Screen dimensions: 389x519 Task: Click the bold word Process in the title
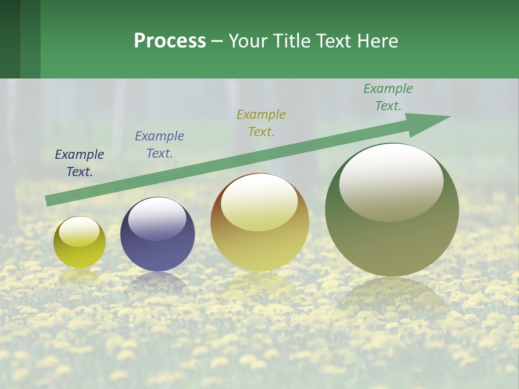click(170, 41)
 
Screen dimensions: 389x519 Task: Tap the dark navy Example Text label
click(79, 163)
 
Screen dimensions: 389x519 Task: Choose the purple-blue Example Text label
click(159, 144)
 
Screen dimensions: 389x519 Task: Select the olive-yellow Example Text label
click(261, 123)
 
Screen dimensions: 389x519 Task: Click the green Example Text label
click(388, 97)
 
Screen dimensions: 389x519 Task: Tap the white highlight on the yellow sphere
click(79, 232)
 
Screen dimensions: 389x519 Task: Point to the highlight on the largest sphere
click(391, 183)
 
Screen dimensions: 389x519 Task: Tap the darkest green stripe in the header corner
click(10, 39)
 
